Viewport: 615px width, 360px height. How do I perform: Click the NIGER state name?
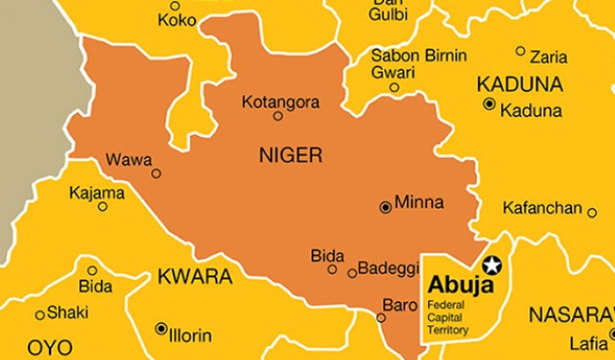click(291, 156)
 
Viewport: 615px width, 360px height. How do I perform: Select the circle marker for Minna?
click(385, 207)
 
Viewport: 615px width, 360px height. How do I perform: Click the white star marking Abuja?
click(492, 263)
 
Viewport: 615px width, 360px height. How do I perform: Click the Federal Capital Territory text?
click(448, 317)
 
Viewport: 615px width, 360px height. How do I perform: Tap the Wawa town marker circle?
click(156, 173)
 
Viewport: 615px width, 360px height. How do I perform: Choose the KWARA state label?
click(194, 277)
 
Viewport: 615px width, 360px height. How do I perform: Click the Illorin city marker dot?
click(161, 328)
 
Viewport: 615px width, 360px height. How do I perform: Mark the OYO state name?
click(50, 348)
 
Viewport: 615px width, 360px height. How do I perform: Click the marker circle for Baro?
click(381, 318)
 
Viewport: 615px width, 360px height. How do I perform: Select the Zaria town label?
click(548, 57)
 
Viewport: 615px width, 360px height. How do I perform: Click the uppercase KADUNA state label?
click(519, 84)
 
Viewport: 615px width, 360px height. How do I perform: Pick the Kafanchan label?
click(542, 208)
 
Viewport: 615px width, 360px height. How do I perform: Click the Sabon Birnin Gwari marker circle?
click(394, 87)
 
